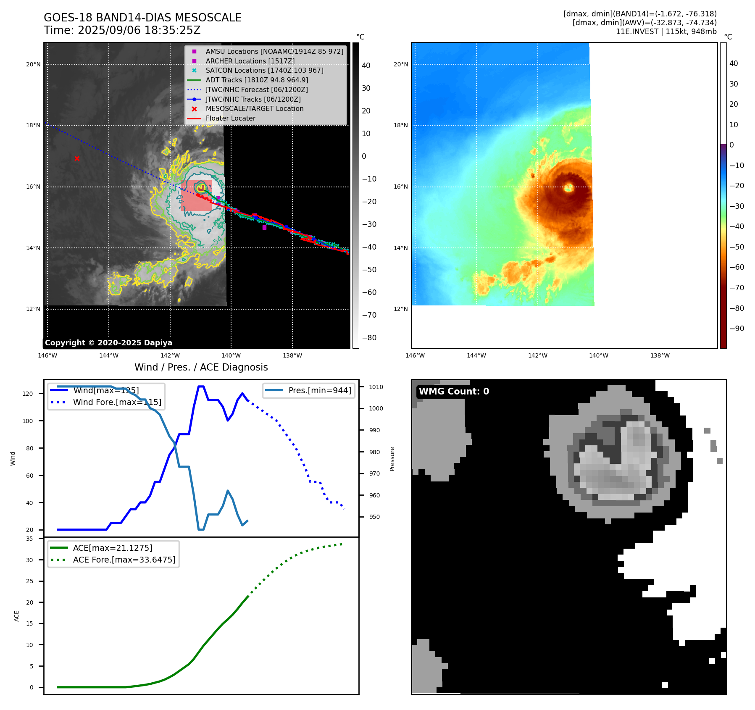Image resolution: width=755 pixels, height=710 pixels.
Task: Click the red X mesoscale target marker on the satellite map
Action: click(77, 158)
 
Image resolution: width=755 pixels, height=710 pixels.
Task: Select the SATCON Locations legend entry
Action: click(264, 71)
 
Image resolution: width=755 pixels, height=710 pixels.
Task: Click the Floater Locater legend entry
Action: click(230, 118)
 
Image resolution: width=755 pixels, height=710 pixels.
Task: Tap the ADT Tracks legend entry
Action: click(257, 80)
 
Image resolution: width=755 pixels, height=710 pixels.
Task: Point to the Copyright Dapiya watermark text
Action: click(108, 343)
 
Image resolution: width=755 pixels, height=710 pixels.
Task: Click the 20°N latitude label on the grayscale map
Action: click(34, 65)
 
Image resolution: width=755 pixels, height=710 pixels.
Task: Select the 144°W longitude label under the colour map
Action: click(476, 356)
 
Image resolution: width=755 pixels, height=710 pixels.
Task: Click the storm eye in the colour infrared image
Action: click(569, 188)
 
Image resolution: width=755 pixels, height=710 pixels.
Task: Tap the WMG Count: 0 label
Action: click(454, 392)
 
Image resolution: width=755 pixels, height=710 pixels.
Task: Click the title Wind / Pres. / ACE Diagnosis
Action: click(201, 368)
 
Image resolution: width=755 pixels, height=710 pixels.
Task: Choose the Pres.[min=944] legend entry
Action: click(319, 391)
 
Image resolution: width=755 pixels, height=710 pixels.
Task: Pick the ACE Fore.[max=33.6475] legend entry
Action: click(124, 560)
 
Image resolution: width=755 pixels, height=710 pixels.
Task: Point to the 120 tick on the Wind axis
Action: click(28, 394)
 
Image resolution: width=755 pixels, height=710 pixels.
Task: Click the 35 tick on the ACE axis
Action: click(29, 539)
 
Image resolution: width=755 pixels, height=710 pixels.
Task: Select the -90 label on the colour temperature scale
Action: click(737, 329)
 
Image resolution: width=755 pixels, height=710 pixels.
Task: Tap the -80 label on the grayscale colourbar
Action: click(369, 338)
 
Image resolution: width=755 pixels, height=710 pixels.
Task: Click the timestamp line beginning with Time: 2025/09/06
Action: click(122, 31)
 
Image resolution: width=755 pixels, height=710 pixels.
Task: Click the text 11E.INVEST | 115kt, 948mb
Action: click(666, 32)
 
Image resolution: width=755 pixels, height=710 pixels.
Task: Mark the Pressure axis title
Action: click(392, 459)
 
